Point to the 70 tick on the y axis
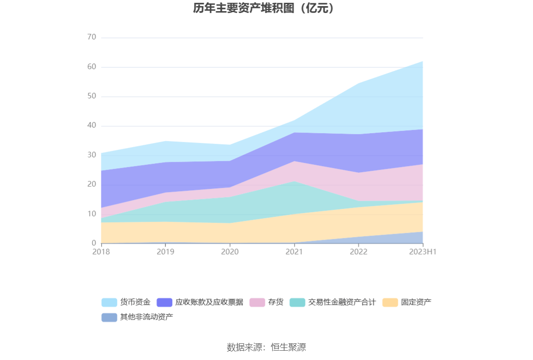pos(91,37)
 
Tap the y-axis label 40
pos(91,126)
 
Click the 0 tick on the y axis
pos(94,243)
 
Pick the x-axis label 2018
pos(101,252)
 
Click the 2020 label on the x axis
pos(230,252)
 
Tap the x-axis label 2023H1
pos(423,252)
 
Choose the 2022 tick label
pos(358,252)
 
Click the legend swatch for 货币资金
pos(109,302)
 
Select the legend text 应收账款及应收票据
pos(209,302)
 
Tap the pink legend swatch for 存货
pos(257,302)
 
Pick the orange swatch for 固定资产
pos(390,302)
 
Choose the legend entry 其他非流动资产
pos(146,317)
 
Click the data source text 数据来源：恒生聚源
pos(266,347)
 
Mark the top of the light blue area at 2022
pos(358,84)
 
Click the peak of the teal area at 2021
pos(294,181)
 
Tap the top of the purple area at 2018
pos(101,171)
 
